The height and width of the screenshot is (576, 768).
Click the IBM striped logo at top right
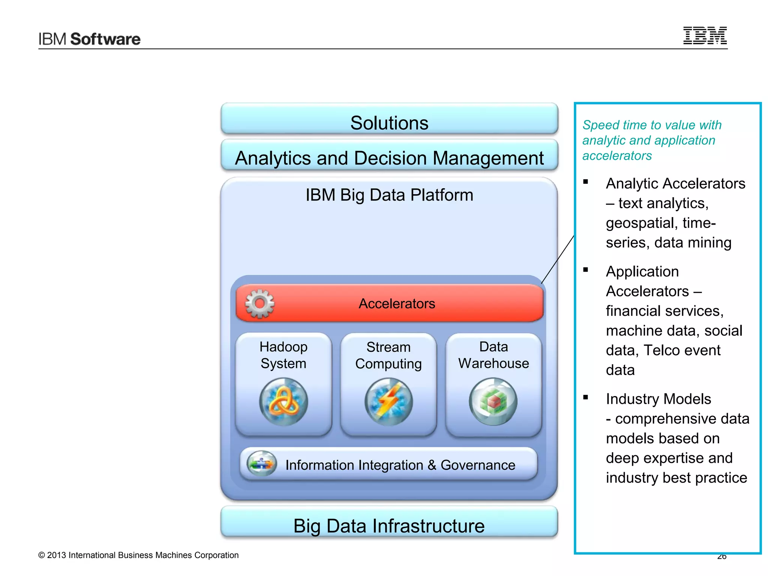pyautogui.click(x=705, y=36)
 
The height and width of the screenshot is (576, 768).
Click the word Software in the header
pyautogui.click(x=105, y=39)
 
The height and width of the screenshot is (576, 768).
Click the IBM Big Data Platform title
pyautogui.click(x=389, y=195)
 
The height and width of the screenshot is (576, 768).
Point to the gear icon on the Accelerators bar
pyautogui.click(x=259, y=304)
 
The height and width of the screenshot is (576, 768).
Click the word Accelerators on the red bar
pyautogui.click(x=397, y=304)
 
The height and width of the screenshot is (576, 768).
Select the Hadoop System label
pyautogui.click(x=283, y=355)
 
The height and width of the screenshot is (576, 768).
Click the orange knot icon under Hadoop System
pyautogui.click(x=283, y=402)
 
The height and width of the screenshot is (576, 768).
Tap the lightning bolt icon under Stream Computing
pyautogui.click(x=388, y=402)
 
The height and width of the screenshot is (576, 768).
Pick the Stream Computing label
pyautogui.click(x=388, y=355)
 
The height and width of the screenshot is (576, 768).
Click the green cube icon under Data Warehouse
pyautogui.click(x=493, y=402)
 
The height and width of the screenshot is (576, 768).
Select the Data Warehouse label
pyautogui.click(x=493, y=355)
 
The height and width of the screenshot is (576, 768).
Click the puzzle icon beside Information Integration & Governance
pyautogui.click(x=261, y=463)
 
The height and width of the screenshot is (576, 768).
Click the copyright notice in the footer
pyautogui.click(x=138, y=555)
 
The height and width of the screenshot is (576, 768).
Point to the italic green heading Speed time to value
pyautogui.click(x=652, y=140)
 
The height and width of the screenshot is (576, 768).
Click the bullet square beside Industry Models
pyautogui.click(x=586, y=397)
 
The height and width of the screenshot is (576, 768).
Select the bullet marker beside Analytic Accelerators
pyautogui.click(x=586, y=182)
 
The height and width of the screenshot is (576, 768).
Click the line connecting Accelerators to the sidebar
pyautogui.click(x=558, y=259)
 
